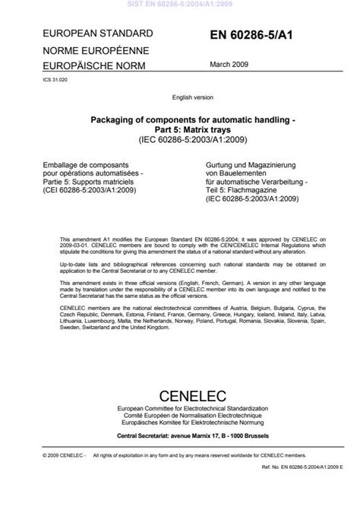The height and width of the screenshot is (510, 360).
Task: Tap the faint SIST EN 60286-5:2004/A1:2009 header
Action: tap(179, 4)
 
